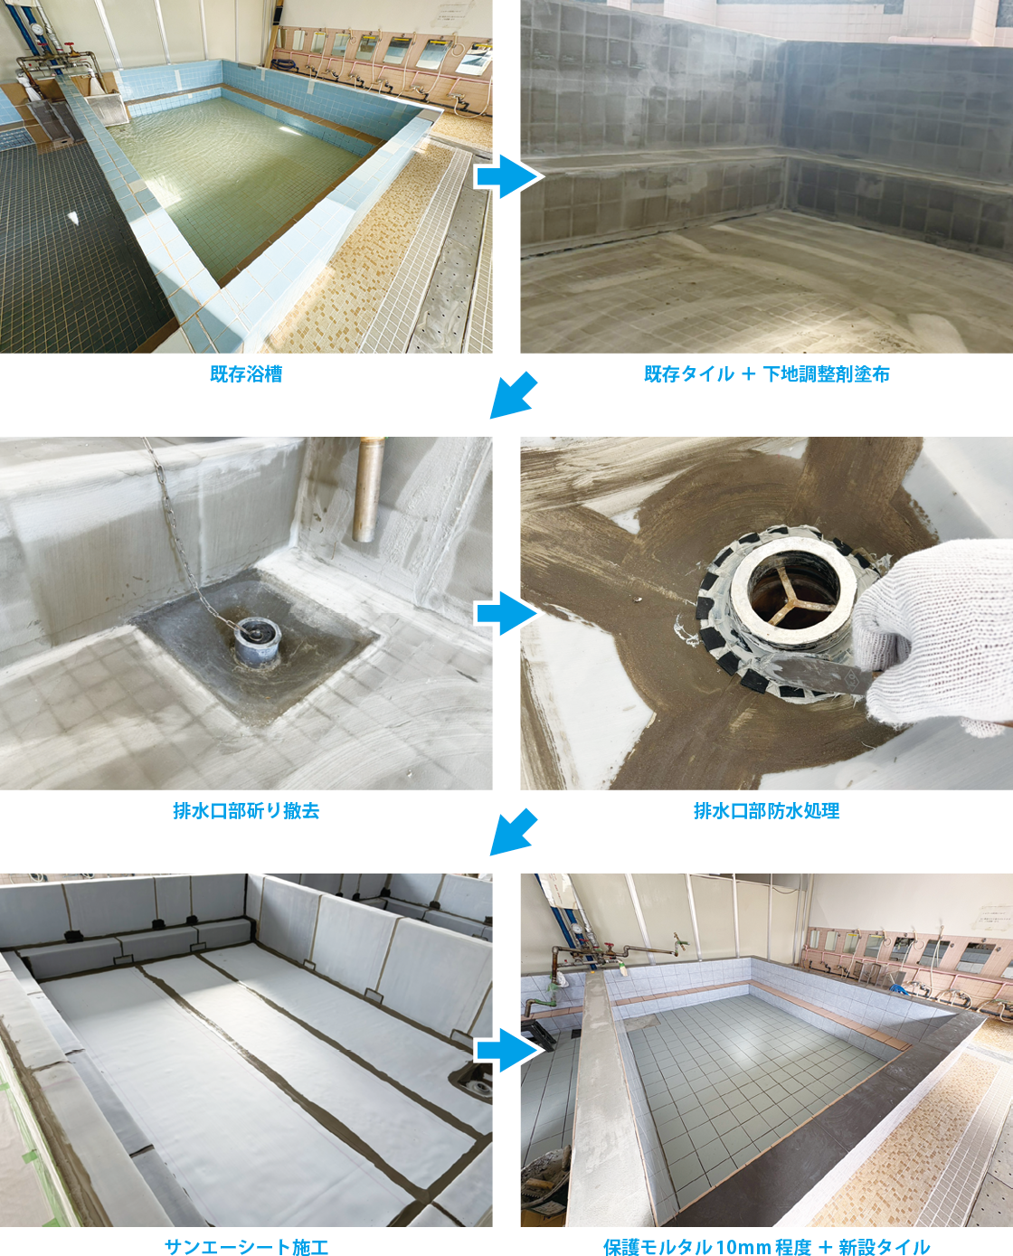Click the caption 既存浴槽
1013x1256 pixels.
coord(246,374)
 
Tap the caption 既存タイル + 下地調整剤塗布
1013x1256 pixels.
coord(767,374)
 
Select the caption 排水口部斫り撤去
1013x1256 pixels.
coord(246,811)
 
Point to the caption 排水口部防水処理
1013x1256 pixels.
coord(767,811)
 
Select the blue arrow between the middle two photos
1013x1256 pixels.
coord(506,613)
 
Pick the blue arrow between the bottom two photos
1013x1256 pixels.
coord(506,1050)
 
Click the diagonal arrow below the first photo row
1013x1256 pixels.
coord(513,396)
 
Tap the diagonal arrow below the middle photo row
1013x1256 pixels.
coord(513,832)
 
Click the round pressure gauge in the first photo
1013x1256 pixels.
coord(38,28)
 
